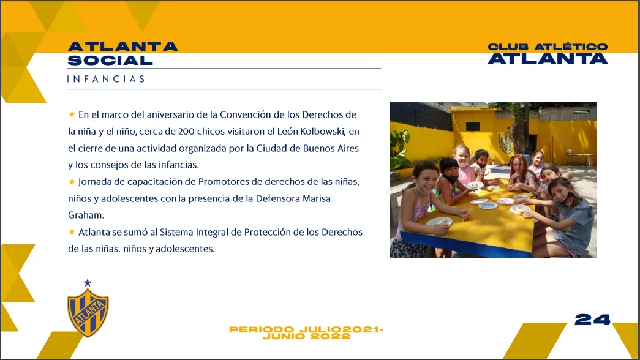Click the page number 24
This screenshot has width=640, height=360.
(x=592, y=319)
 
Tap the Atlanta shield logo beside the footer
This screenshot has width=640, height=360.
(x=88, y=313)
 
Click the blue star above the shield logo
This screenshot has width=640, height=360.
(x=88, y=283)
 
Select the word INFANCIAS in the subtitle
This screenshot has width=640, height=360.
(x=106, y=79)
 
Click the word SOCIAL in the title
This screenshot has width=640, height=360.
(x=110, y=61)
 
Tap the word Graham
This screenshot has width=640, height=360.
(x=86, y=215)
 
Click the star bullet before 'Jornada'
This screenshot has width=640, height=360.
(x=72, y=181)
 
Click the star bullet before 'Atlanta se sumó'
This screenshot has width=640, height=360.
(x=72, y=232)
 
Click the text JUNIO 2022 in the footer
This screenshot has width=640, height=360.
(x=307, y=337)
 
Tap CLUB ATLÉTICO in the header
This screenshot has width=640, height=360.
(x=548, y=47)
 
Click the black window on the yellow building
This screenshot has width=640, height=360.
(x=473, y=127)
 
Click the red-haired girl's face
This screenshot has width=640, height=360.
(x=518, y=165)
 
